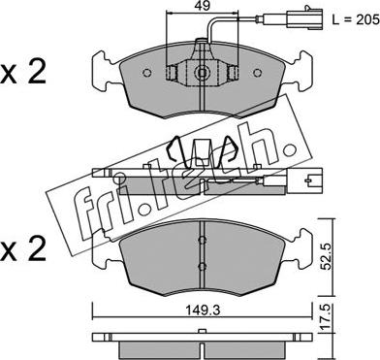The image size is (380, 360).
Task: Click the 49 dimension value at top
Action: point(203,6)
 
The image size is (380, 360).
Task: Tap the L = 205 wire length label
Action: point(356,20)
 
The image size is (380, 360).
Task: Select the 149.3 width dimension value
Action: point(203,311)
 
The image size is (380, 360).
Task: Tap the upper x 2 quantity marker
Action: point(23,73)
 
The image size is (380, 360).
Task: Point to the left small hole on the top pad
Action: point(147,73)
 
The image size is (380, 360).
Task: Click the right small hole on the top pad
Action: point(258,73)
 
